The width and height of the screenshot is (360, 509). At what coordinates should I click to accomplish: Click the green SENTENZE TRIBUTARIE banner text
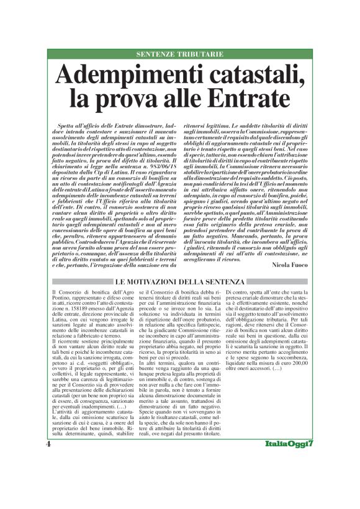click(179, 55)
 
